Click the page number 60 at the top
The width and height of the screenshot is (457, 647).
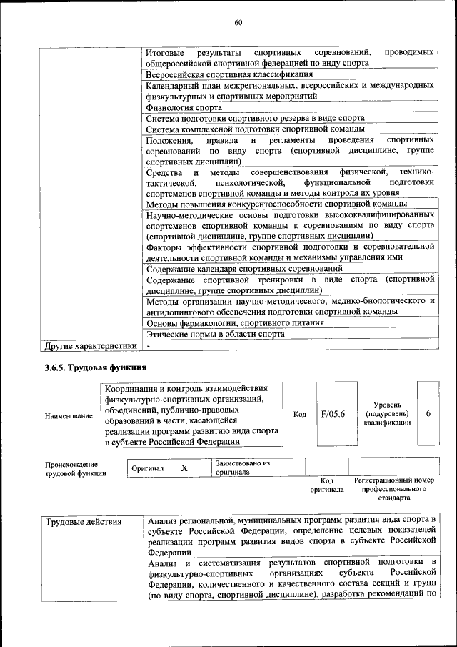click(238, 23)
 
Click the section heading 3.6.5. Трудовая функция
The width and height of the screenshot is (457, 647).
click(95, 367)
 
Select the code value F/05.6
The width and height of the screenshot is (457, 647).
click(333, 413)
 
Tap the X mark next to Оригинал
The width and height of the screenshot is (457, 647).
click(184, 468)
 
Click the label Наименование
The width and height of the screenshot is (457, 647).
click(69, 415)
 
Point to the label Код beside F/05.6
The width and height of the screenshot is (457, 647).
click(300, 414)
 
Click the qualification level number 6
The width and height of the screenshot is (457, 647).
click(428, 413)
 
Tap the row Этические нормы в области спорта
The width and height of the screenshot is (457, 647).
click(215, 334)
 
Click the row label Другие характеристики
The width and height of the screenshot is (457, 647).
click(90, 346)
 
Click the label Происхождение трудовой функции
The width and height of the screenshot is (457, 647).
click(75, 468)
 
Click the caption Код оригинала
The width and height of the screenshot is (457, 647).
click(326, 485)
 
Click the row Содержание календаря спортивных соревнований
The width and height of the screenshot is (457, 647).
click(243, 268)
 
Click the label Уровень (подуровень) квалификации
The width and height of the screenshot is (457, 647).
click(386, 413)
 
